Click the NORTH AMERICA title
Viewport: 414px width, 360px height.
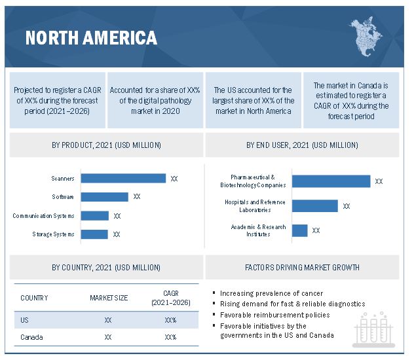coord(91,37)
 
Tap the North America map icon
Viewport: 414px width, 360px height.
coord(368,36)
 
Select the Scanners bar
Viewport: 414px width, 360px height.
coord(124,178)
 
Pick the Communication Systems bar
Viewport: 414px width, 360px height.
coord(95,215)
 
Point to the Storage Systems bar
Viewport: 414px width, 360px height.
coord(94,234)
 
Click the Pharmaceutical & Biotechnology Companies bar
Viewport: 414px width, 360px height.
coord(331,181)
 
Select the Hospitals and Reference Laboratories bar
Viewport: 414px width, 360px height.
coord(314,206)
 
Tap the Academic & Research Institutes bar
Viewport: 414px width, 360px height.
coord(299,230)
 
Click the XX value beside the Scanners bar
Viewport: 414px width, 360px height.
coord(174,178)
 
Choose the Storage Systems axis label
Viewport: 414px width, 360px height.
coord(53,234)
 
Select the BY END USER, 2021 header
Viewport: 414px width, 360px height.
coord(302,145)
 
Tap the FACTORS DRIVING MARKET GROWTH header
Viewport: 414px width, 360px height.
coord(302,267)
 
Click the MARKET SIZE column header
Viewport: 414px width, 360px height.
coord(108,298)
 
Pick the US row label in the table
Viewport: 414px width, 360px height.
coord(25,320)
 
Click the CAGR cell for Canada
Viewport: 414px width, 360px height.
coord(170,338)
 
